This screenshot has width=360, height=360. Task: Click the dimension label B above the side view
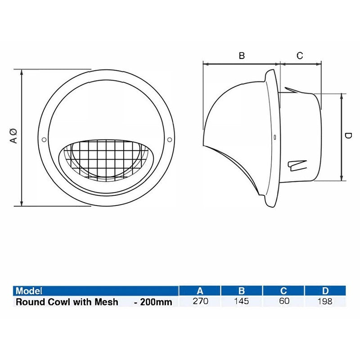coord(242,56)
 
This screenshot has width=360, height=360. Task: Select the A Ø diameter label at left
coord(14,135)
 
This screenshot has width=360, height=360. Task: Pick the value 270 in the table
coord(200,301)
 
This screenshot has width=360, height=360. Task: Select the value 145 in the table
coord(242,301)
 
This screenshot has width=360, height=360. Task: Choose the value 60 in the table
coord(284,301)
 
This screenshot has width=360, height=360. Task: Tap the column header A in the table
coord(200,291)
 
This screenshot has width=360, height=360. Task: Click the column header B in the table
coord(242,291)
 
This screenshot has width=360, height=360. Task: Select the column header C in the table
coord(284,291)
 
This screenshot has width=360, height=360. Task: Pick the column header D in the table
coord(325,291)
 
